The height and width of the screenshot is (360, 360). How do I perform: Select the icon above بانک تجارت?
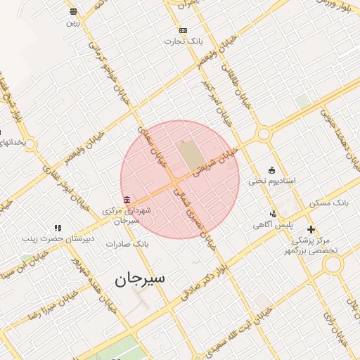(x=184, y=30)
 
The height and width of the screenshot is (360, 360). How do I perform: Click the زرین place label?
(x=73, y=22)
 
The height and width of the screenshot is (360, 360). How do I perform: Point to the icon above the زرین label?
(x=73, y=11)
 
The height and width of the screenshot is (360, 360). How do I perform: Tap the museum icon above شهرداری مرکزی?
(x=126, y=200)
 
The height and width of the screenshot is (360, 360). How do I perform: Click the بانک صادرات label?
(x=127, y=243)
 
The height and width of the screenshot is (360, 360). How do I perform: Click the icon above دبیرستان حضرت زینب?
(x=58, y=228)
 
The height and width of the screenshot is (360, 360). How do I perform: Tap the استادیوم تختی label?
(x=272, y=181)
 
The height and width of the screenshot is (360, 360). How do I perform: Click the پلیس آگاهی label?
(x=273, y=225)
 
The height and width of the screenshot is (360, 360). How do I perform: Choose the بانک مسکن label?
(x=329, y=202)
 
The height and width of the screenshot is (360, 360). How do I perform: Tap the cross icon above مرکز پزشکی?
(x=311, y=229)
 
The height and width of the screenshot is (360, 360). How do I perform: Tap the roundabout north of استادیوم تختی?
(x=264, y=134)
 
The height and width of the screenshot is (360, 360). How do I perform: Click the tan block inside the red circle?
(x=188, y=155)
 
